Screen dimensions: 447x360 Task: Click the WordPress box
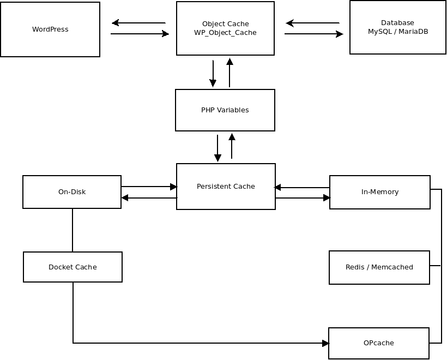coord(50,29)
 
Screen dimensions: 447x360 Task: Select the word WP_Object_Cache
coord(225,33)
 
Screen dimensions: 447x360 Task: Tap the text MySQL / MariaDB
coord(398,32)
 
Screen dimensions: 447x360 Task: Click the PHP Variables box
coord(225,110)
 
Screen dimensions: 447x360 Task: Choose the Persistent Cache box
coord(226,187)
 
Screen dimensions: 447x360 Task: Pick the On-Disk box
coord(72,192)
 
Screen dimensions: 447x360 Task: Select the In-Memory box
coord(380,192)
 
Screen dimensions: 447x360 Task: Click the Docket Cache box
coord(73,267)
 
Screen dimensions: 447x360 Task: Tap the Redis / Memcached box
coord(379,267)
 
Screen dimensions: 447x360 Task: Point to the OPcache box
coord(378,343)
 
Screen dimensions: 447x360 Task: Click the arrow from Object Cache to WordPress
coord(138,23)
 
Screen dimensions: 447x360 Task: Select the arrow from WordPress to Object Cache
coord(140,34)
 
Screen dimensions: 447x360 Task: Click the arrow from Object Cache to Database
coord(314,34)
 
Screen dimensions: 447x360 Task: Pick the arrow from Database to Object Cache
coord(312,23)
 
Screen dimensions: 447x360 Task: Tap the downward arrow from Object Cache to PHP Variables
coord(213,74)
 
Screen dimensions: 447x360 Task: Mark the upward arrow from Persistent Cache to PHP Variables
coord(232,146)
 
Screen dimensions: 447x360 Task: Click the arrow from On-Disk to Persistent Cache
coord(149,187)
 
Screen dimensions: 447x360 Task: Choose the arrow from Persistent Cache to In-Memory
coord(303,197)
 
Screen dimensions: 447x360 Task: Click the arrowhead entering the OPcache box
coord(325,343)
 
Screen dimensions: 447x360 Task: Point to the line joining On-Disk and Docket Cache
coord(73,230)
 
